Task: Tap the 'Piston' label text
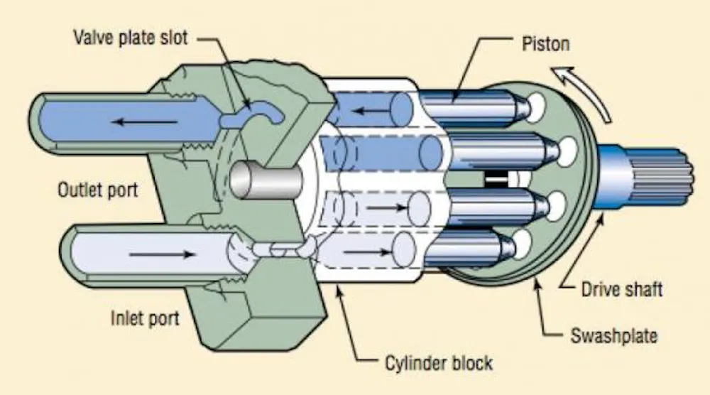pyautogui.click(x=545, y=44)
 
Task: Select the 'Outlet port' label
pyautogui.click(x=98, y=190)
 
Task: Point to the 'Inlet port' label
pyautogui.click(x=145, y=318)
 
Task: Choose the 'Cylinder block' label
pyautogui.click(x=439, y=363)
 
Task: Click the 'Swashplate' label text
pyautogui.click(x=613, y=335)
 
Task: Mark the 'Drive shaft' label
pyautogui.click(x=622, y=289)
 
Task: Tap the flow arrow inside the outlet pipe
pyautogui.click(x=144, y=122)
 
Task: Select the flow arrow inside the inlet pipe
pyautogui.click(x=162, y=254)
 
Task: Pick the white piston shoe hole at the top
pyautogui.click(x=535, y=107)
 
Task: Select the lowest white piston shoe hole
pyautogui.click(x=522, y=244)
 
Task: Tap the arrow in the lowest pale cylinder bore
pyautogui.click(x=367, y=252)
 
